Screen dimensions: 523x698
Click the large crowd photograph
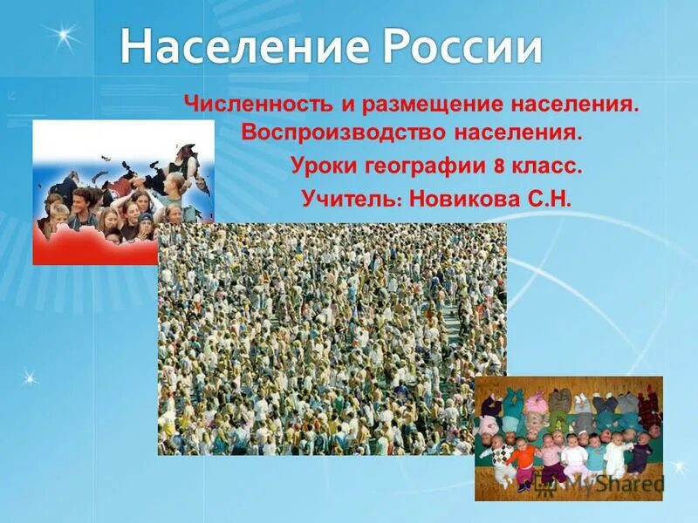click(x=332, y=340)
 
